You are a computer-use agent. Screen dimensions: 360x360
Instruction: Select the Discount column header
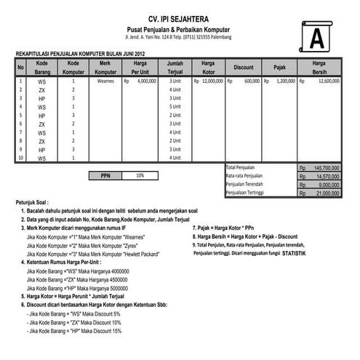point(244,68)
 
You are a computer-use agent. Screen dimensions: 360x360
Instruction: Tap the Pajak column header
point(279,68)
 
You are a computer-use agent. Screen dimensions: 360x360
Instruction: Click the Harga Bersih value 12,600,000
point(329,81)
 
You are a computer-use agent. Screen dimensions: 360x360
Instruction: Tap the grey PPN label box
point(106,175)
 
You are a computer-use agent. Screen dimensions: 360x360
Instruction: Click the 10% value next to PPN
point(140,175)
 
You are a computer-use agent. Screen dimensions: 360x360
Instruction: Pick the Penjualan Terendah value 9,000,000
point(327,185)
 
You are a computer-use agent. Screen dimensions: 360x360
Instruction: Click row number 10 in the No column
point(21,158)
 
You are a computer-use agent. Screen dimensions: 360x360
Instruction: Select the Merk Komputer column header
point(105,68)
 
